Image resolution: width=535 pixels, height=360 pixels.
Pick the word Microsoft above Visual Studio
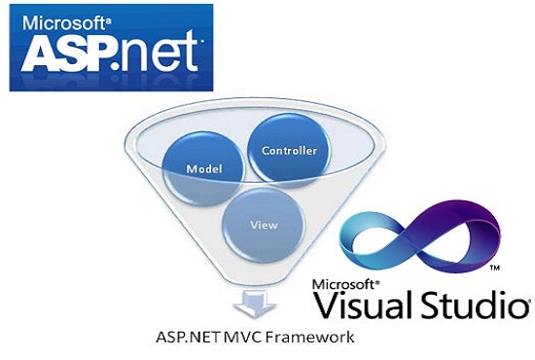tap(344, 283)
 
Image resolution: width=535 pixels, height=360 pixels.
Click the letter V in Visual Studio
tap(328, 305)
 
